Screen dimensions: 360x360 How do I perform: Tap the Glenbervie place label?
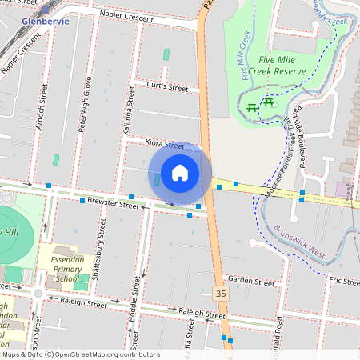tap(46, 21)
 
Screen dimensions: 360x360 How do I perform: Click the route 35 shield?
tap(221, 294)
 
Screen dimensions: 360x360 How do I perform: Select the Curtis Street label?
tap(167, 86)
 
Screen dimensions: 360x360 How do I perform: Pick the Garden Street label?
tap(250, 280)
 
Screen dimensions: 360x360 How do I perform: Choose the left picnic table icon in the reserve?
tap(252, 106)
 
